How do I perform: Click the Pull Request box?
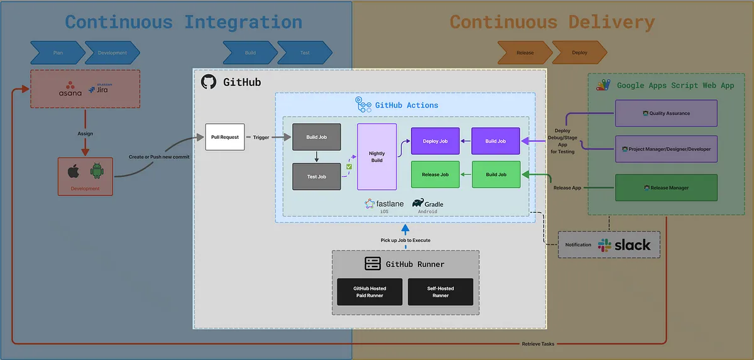click(224, 137)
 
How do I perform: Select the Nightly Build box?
click(377, 156)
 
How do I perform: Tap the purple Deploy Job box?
click(435, 141)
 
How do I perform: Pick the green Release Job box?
click(435, 175)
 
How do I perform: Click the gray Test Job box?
click(316, 177)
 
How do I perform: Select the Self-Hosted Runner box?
click(440, 292)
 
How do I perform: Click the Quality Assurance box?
click(666, 113)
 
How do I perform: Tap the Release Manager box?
click(666, 188)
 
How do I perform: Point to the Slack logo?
click(605, 245)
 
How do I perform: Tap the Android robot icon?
click(96, 171)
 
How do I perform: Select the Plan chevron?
click(57, 53)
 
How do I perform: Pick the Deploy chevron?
click(579, 53)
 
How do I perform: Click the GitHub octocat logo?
click(209, 82)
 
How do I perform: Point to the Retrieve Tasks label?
click(538, 344)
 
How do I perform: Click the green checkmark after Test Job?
click(349, 167)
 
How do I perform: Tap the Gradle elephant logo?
click(418, 202)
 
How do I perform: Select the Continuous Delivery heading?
click(552, 22)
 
